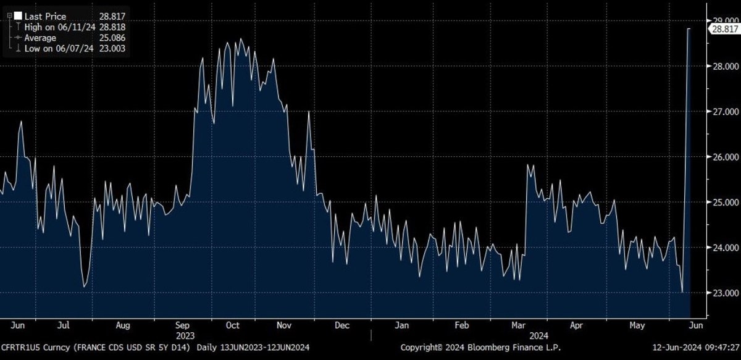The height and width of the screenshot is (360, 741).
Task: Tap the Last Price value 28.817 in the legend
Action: pyautogui.click(x=113, y=17)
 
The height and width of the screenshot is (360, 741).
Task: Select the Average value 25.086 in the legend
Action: pyautogui.click(x=113, y=38)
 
